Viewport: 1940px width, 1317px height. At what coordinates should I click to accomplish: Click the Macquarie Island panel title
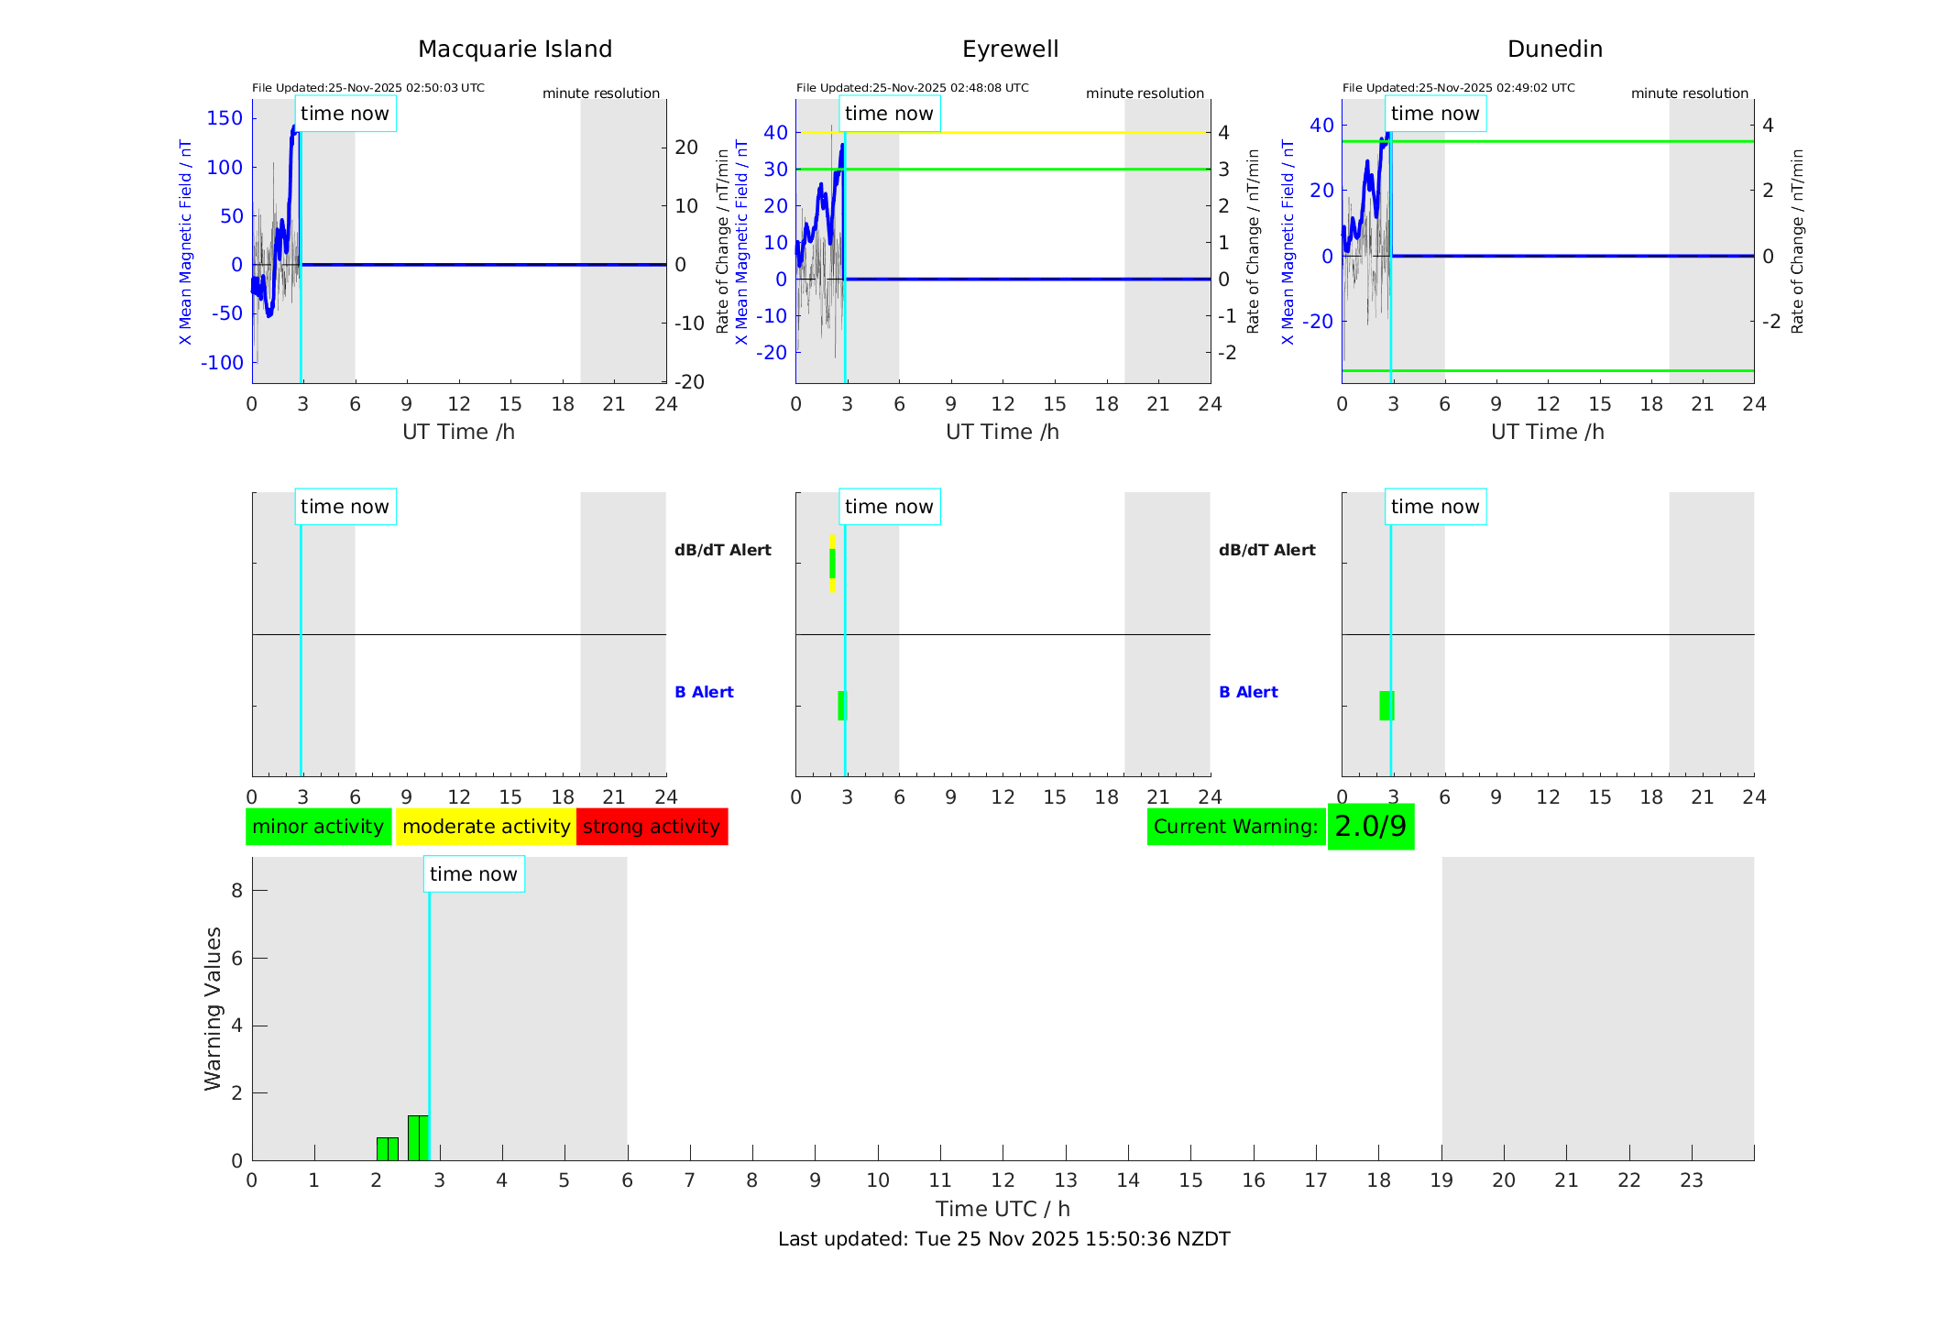515,49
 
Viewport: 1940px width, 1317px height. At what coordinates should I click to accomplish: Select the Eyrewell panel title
1010,49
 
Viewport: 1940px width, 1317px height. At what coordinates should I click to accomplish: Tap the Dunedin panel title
1554,49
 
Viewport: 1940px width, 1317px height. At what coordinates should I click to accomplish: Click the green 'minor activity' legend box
318,827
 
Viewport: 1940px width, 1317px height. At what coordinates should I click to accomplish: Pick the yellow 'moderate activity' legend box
486,827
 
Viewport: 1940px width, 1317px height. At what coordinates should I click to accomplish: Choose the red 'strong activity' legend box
652,827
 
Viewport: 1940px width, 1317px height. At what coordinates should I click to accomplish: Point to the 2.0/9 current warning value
1370,827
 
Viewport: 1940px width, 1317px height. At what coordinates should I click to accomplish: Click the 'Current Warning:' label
1235,827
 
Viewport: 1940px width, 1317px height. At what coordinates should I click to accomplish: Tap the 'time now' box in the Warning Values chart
474,874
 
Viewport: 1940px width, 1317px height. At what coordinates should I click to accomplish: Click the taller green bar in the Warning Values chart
418,1137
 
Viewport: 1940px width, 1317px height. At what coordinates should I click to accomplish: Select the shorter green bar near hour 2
387,1149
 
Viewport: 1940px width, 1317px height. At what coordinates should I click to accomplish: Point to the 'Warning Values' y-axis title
214,1008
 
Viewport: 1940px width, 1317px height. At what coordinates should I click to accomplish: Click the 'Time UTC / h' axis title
1003,1209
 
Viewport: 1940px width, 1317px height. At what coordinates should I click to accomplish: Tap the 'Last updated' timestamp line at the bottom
1003,1239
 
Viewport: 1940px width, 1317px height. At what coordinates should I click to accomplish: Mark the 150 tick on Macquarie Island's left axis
225,118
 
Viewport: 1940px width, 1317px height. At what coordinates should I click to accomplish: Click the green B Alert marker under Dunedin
1386,706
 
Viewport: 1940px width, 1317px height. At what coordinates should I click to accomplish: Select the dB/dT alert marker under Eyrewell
832,564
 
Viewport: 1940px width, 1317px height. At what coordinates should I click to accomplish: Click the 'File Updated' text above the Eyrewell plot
912,88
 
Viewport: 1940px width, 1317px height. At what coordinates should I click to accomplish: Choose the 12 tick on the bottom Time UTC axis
1003,1180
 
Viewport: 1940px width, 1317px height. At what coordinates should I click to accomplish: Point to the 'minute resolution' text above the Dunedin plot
1689,93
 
